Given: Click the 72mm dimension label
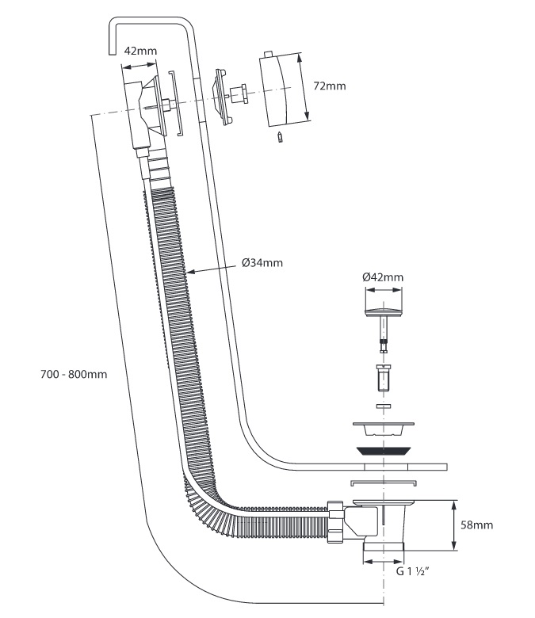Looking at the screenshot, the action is pos(329,86).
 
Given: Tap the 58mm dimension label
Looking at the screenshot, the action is pos(476,525).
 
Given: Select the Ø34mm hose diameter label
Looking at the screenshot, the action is pos(262,262).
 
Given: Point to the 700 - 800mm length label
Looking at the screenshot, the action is pos(74,374).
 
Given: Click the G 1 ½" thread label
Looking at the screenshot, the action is pos(412,571).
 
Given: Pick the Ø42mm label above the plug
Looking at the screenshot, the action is pos(383,277).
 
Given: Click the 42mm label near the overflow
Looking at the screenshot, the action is pos(140,51).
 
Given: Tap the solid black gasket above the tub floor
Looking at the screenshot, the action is pos(384,451).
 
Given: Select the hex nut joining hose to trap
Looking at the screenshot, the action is pos(335,521).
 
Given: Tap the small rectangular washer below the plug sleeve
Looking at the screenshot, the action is pos(383,406).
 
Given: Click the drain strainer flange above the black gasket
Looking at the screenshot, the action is pos(383,429).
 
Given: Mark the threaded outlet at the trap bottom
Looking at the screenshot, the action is pos(384,546).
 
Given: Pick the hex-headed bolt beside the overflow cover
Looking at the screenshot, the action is pos(239,93).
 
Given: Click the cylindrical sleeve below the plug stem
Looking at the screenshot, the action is pos(383,378).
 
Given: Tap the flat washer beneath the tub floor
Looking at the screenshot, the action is pos(384,483).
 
